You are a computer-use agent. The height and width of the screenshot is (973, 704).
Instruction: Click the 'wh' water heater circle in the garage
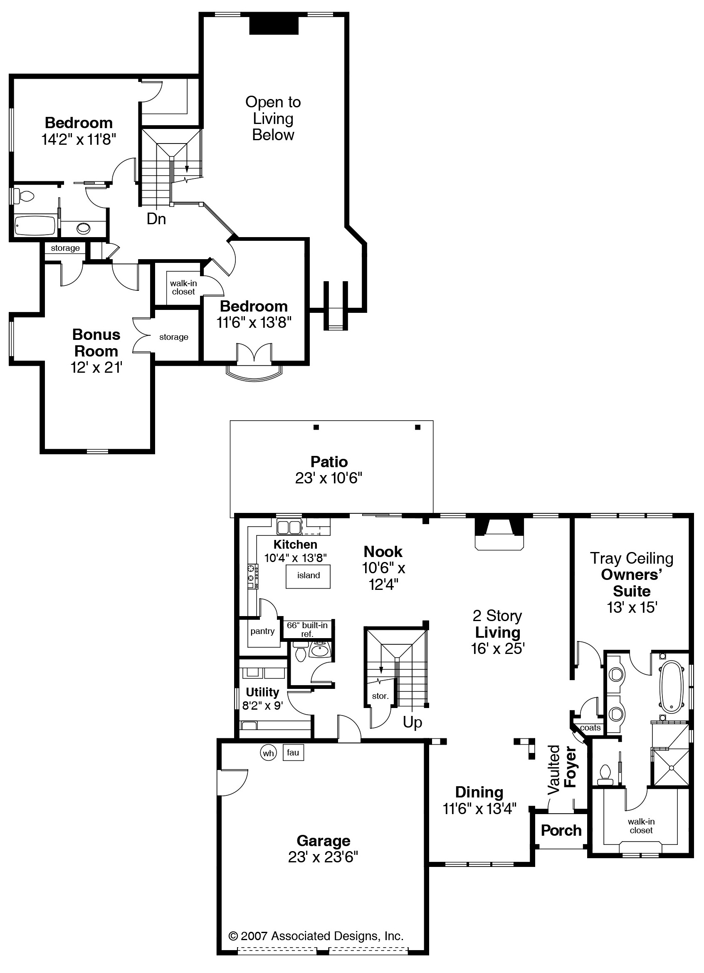pyautogui.click(x=268, y=753)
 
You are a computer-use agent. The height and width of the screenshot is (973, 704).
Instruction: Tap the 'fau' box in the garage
pyautogui.click(x=293, y=753)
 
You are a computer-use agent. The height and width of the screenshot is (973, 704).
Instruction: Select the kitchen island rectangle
pyautogui.click(x=309, y=576)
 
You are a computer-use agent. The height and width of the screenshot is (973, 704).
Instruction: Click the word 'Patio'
pyautogui.click(x=329, y=462)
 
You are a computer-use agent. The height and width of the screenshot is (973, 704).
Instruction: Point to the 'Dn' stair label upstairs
pyautogui.click(x=156, y=219)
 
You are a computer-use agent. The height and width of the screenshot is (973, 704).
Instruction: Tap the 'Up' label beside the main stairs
pyautogui.click(x=413, y=723)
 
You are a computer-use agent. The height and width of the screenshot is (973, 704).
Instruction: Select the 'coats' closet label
pyautogui.click(x=590, y=728)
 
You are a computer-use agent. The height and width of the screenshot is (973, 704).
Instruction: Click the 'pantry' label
pyautogui.click(x=262, y=631)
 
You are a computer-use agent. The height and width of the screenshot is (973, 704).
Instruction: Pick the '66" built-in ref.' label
pyautogui.click(x=307, y=629)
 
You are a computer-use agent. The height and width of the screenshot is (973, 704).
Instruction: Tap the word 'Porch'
pyautogui.click(x=561, y=831)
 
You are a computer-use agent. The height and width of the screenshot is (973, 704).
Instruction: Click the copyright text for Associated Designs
pyautogui.click(x=316, y=936)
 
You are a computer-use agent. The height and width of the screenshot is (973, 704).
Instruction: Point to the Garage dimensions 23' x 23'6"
pyautogui.click(x=323, y=857)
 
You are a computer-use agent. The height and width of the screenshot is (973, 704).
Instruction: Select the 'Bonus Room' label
pyautogui.click(x=96, y=343)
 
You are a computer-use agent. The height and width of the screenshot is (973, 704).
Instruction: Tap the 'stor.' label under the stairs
pyautogui.click(x=380, y=696)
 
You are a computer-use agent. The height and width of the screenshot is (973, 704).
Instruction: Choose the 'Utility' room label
pyautogui.click(x=262, y=692)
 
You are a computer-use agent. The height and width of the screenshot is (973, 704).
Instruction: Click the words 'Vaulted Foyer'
pyautogui.click(x=562, y=769)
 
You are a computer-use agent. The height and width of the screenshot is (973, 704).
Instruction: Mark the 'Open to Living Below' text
pyautogui.click(x=273, y=119)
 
